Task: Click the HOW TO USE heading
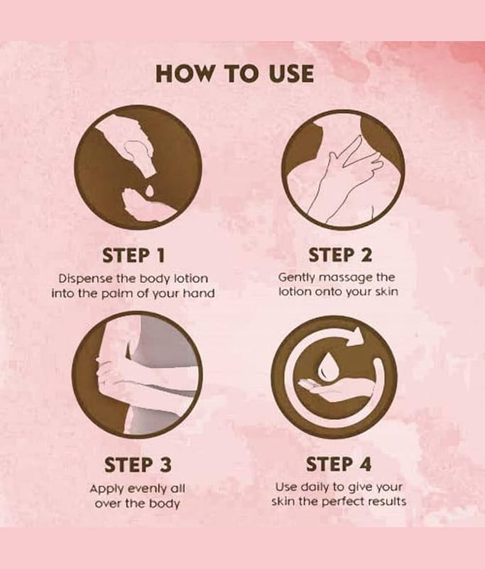click(234, 73)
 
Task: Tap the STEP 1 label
click(133, 255)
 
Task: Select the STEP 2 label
click(340, 255)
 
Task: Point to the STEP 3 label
click(138, 465)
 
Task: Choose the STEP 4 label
click(339, 464)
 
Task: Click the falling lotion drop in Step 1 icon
click(149, 190)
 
